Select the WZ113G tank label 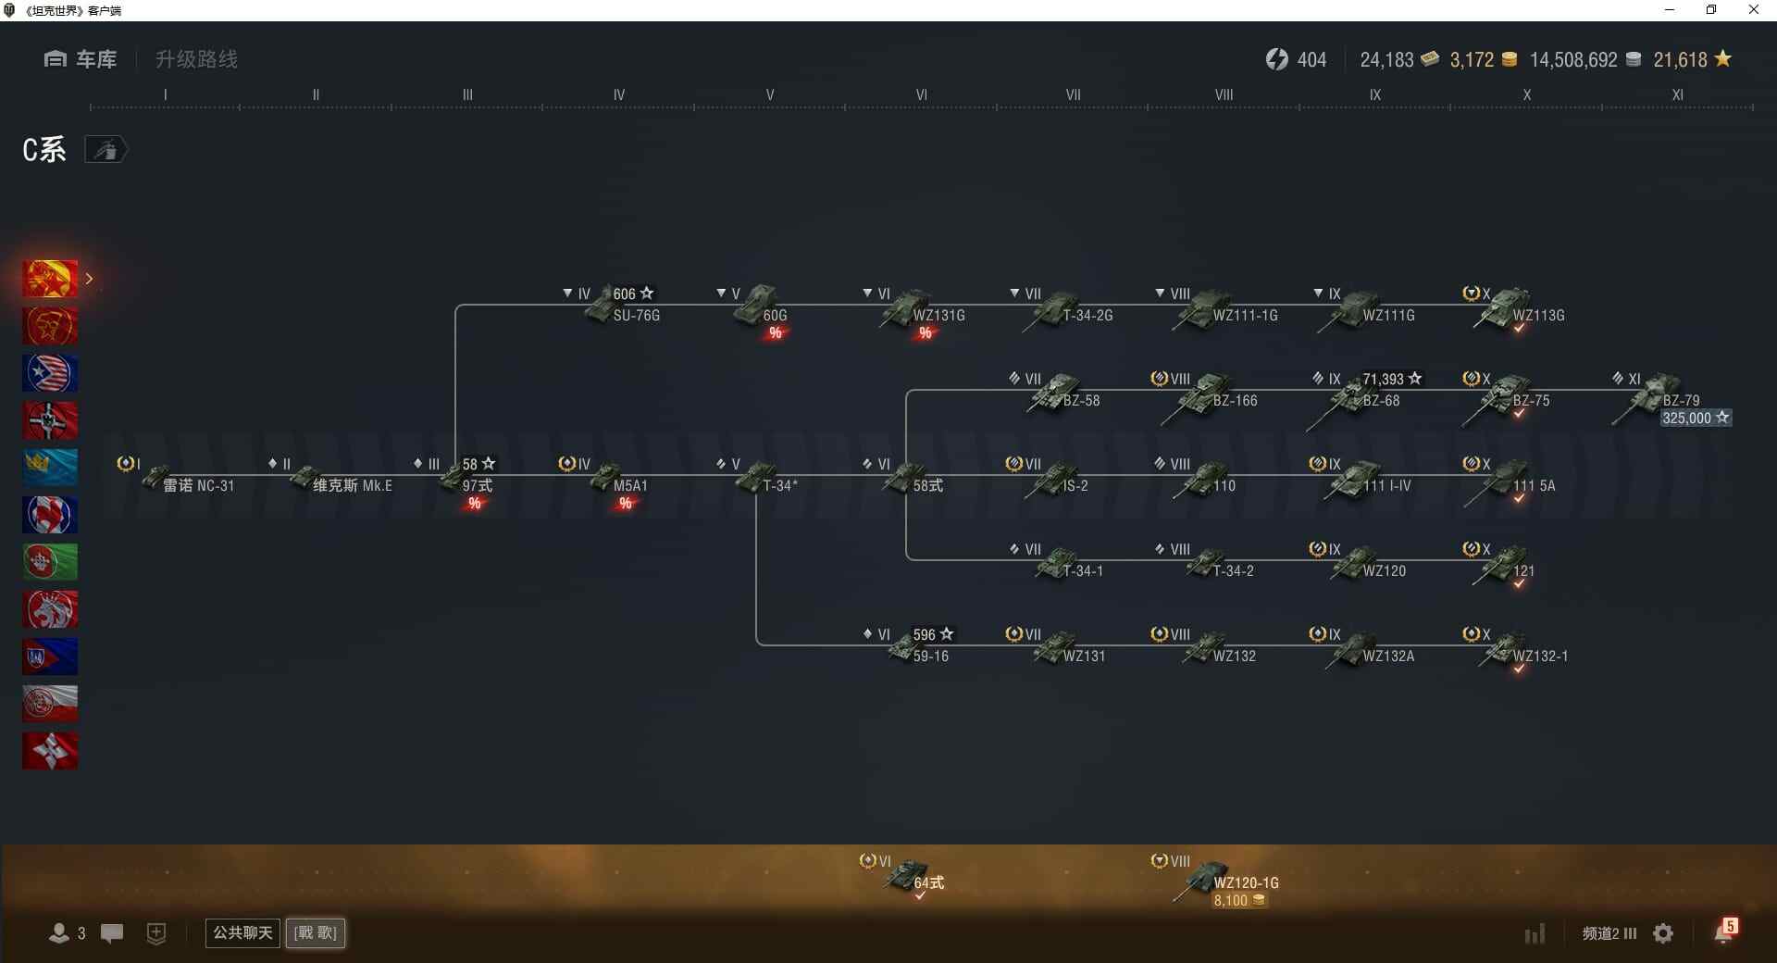coord(1538,316)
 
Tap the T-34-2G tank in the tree coord(1064,309)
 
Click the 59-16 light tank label coord(930,657)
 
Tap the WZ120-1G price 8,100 coord(1239,901)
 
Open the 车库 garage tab coord(81,59)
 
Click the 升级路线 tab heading coord(196,59)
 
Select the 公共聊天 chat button coord(242,932)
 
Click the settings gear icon coord(1663,933)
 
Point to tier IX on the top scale coord(1375,94)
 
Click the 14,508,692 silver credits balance coord(1573,60)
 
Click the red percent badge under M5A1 coord(626,504)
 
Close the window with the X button coord(1753,10)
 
